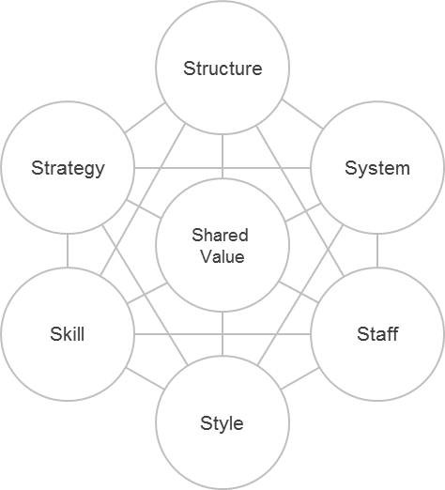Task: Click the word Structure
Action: (x=222, y=69)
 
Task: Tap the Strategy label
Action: (x=68, y=168)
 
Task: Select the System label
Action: (x=377, y=168)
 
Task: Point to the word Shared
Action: (x=220, y=235)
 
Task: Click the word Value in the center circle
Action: (x=222, y=256)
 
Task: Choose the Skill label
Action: (x=68, y=334)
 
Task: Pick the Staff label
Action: (x=377, y=334)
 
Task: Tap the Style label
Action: (x=222, y=423)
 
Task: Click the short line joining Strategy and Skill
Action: (x=68, y=251)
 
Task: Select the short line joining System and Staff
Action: (x=377, y=251)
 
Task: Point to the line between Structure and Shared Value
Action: (x=222, y=157)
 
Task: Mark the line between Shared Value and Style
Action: (x=222, y=334)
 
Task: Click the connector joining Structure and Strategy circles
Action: (x=145, y=118)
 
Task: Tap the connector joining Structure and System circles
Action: (x=302, y=115)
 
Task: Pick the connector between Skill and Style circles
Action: (x=146, y=378)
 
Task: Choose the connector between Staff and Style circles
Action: (x=300, y=378)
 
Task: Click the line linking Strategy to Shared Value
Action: (x=144, y=208)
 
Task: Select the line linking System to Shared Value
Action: (x=303, y=213)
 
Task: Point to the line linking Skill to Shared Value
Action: (x=147, y=293)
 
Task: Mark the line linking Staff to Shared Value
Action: (x=299, y=292)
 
